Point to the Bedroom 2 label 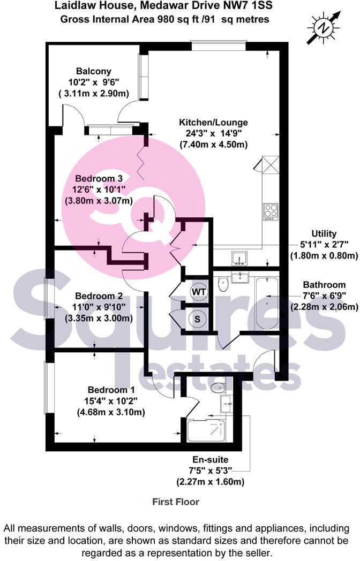tap(99, 296)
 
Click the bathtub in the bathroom tap(267, 304)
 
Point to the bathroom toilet tap(224, 284)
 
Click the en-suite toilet tap(219, 387)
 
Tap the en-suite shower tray tap(206, 430)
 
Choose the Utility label tap(324, 234)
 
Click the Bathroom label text tap(324, 285)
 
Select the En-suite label tap(210, 460)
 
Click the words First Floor tap(176, 502)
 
